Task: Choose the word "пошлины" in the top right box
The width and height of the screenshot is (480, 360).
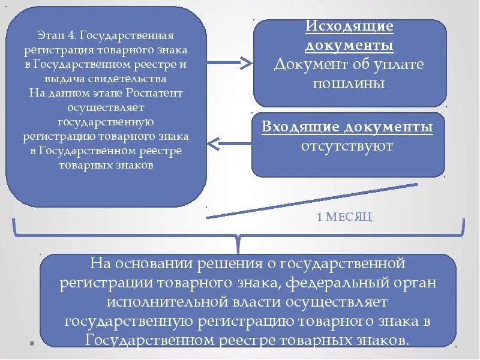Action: (349, 83)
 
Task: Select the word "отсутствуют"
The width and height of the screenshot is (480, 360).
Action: (347, 146)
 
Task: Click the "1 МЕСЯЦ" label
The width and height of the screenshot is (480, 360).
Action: (344, 217)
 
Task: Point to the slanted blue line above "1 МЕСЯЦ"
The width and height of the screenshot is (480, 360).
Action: (312, 201)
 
